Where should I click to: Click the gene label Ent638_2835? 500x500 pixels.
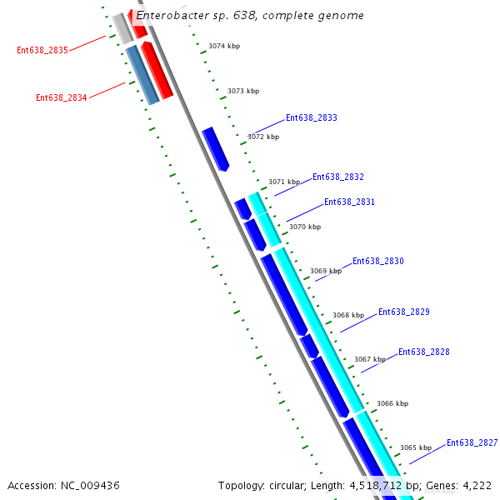pyautogui.click(x=42, y=50)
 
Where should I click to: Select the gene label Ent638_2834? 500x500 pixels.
pyautogui.click(x=61, y=97)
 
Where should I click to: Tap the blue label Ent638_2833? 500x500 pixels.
pyautogui.click(x=311, y=118)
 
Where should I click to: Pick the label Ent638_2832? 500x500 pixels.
pyautogui.click(x=337, y=177)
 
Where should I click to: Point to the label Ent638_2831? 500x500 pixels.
pyautogui.click(x=349, y=202)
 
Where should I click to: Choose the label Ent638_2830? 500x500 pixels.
pyautogui.click(x=377, y=262)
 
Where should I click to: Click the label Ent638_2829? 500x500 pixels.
pyautogui.click(x=404, y=312)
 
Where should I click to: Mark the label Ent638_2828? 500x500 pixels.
pyautogui.click(x=423, y=352)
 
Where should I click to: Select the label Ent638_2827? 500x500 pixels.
pyautogui.click(x=472, y=443)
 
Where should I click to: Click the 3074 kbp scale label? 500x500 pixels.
pyautogui.click(x=224, y=47)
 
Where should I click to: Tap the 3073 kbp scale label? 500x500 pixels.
pyautogui.click(x=243, y=91)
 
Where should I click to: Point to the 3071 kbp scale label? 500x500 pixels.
pyautogui.click(x=283, y=182)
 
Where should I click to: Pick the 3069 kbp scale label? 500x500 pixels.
pyautogui.click(x=325, y=271)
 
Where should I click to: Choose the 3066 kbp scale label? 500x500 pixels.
pyautogui.click(x=392, y=403)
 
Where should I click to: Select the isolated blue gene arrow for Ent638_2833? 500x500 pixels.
pyautogui.click(x=215, y=149)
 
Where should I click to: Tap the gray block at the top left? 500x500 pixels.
pyautogui.click(x=122, y=28)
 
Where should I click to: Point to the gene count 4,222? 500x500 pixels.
pyautogui.click(x=474, y=485)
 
